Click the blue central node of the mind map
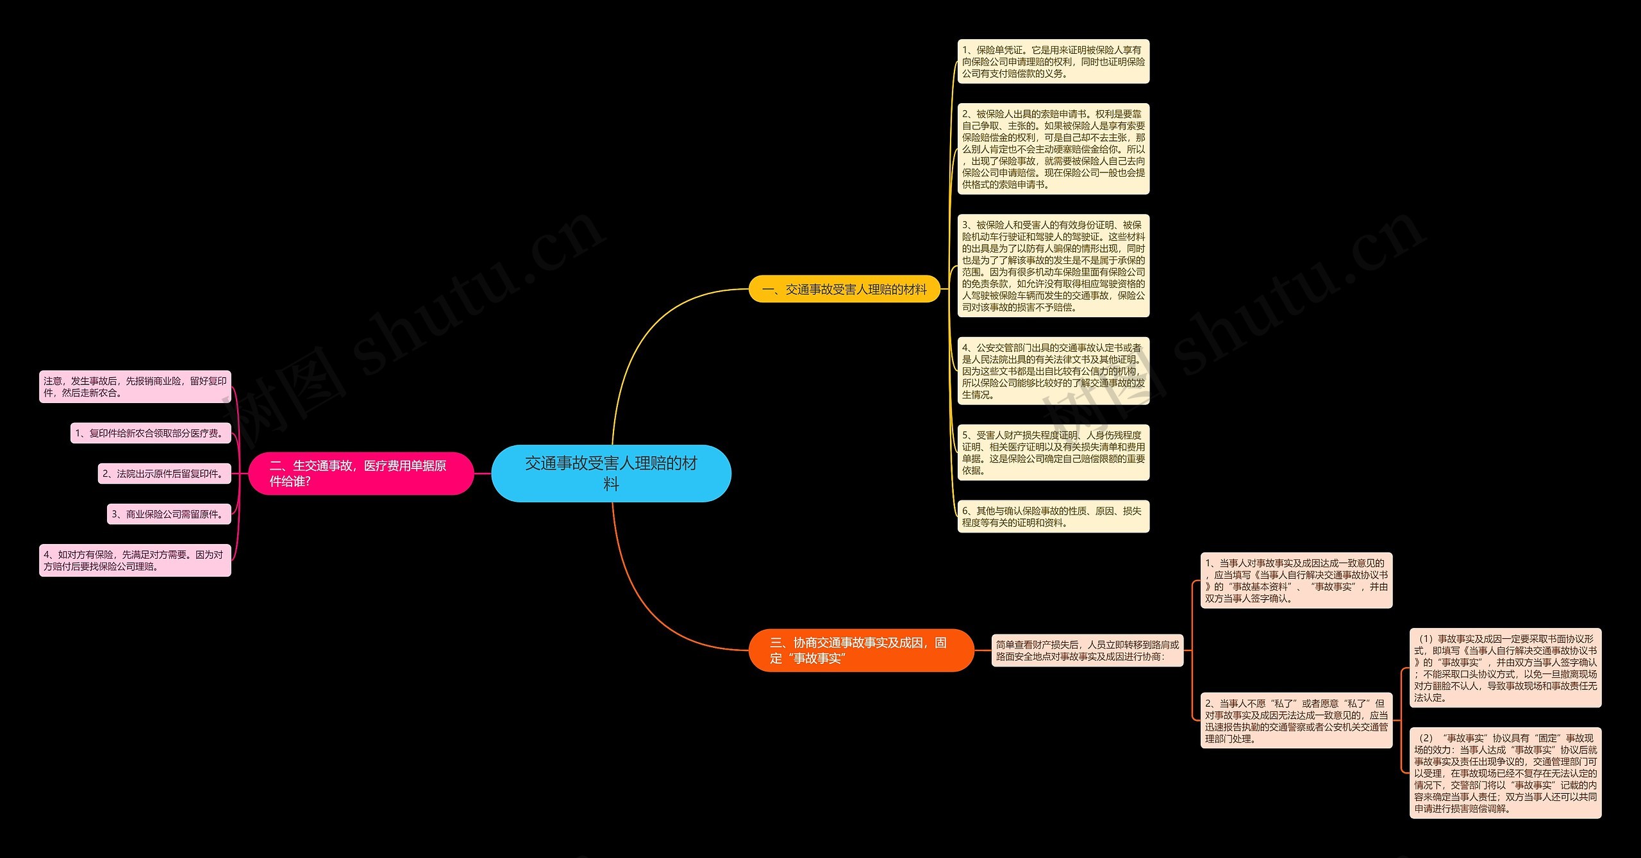(611, 473)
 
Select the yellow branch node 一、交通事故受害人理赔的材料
(844, 290)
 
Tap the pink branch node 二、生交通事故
(360, 474)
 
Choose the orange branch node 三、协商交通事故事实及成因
(861, 650)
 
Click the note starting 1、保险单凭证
(1053, 62)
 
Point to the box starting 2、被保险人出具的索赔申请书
(1053, 149)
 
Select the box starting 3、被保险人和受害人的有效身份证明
(1053, 266)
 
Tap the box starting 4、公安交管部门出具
(1053, 371)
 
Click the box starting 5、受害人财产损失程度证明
(1053, 452)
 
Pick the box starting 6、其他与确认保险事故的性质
(1053, 516)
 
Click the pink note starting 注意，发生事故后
(135, 387)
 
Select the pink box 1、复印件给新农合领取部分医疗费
(150, 433)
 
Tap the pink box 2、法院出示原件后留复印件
(164, 474)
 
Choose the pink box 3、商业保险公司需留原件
(169, 514)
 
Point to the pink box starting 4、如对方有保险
(135, 561)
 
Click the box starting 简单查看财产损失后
(1087, 650)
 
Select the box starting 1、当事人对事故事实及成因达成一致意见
(1295, 581)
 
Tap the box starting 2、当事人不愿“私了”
(1295, 721)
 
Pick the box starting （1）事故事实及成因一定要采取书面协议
(1504, 668)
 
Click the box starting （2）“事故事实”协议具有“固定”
(1504, 773)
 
